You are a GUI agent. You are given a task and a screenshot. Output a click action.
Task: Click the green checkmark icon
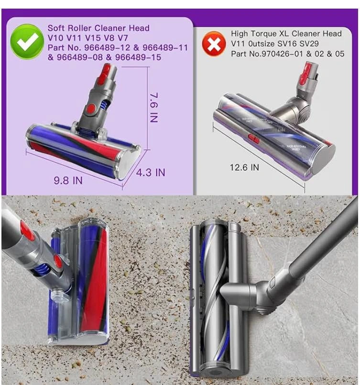pos(27,42)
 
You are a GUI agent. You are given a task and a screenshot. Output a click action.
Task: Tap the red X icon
pos(214,44)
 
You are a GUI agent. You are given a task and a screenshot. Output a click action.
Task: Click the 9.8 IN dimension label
pos(68,181)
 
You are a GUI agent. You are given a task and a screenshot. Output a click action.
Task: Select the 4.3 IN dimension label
pos(151,173)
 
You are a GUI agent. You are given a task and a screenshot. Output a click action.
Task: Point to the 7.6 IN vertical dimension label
pos(154,108)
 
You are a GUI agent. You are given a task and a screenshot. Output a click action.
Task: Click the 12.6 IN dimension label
pos(244,167)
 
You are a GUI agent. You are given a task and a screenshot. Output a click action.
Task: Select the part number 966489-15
pos(138,57)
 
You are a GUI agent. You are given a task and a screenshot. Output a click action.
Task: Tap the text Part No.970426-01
pos(267,54)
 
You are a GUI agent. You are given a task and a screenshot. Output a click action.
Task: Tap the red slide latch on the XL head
pos(254,139)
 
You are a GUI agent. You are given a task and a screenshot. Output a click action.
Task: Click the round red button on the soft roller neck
pos(91,108)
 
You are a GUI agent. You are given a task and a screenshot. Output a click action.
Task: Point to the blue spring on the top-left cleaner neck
pos(104,106)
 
